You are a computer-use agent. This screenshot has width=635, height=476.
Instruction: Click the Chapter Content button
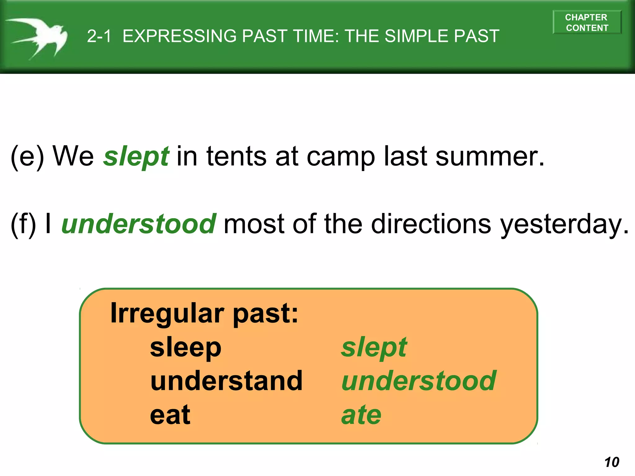587,22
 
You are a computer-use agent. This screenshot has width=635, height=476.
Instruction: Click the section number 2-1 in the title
99,36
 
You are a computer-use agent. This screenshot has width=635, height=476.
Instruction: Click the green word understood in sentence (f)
139,224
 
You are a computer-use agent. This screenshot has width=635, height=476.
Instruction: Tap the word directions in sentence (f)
431,224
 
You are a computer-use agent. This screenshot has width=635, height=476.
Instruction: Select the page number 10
612,462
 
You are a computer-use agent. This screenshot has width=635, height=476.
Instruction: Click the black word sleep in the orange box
185,347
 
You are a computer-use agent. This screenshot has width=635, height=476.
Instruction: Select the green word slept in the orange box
374,347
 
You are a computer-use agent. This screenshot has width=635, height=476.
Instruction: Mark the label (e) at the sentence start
27,156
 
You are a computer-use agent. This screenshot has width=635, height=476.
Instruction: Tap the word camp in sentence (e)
341,157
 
